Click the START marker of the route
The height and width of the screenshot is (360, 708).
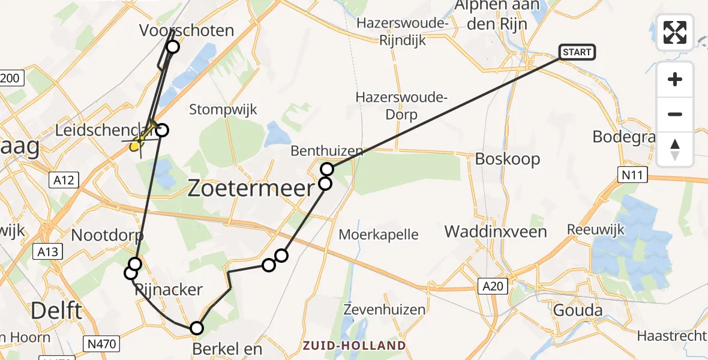point(577,52)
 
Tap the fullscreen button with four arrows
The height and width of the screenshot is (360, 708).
point(675,32)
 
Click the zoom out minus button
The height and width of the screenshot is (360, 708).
point(675,114)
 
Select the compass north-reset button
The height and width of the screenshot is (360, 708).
point(675,149)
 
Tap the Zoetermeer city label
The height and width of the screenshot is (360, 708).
point(251,189)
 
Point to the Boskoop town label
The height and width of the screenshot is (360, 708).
point(508,159)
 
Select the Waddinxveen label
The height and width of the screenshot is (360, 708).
point(496,232)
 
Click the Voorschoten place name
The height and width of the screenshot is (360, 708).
point(186,30)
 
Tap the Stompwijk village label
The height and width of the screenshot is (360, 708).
point(223,109)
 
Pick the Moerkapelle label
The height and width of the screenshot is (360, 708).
point(379,234)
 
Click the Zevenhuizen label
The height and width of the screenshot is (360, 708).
point(385,310)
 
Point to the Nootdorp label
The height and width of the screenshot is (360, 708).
point(107,235)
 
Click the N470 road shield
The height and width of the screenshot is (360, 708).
point(103,344)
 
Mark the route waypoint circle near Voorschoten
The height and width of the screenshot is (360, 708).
point(173,47)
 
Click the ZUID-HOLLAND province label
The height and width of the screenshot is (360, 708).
point(353,346)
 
